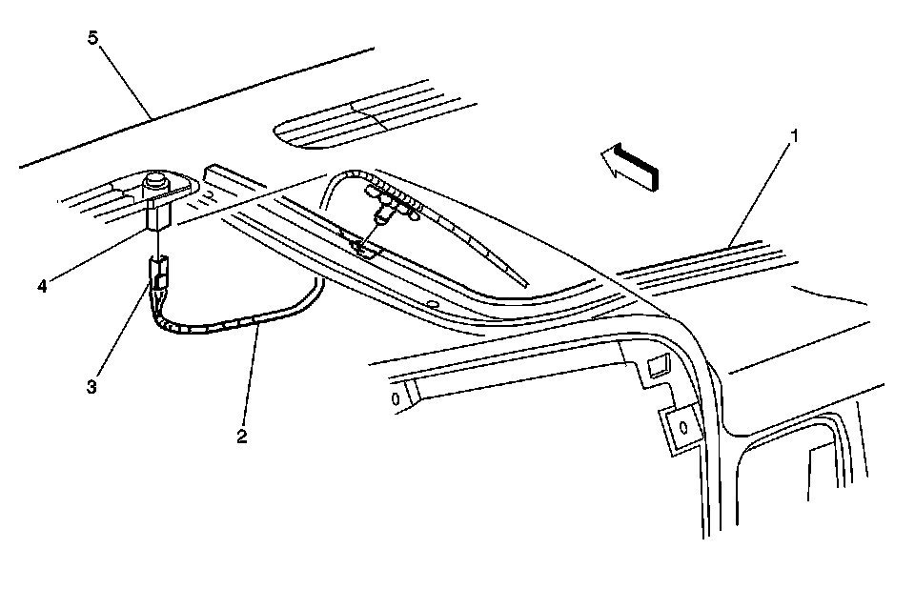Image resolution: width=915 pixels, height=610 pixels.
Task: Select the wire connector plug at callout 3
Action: [x=159, y=272]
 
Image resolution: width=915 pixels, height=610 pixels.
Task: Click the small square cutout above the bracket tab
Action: [x=658, y=364]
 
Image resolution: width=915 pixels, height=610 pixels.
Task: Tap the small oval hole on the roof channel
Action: [x=433, y=306]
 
